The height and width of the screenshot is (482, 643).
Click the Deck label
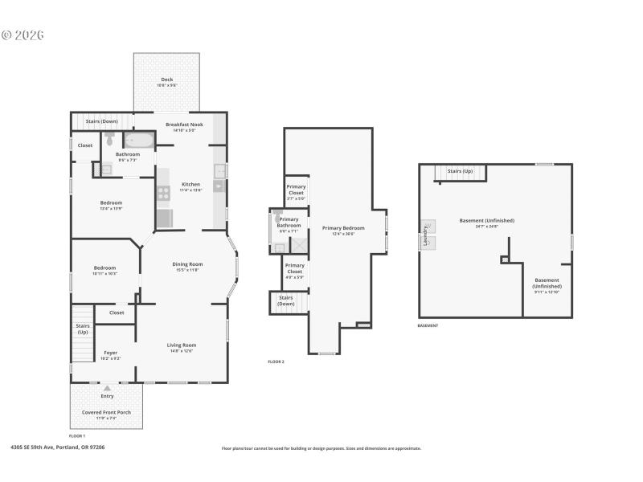(166, 79)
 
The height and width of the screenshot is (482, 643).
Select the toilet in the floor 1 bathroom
(109, 140)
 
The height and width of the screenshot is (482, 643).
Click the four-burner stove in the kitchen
(164, 193)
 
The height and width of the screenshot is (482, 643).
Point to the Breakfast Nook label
(184, 125)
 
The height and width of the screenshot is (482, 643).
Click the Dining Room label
(187, 264)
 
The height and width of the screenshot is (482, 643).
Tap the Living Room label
(182, 345)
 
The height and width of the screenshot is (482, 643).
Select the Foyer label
(111, 353)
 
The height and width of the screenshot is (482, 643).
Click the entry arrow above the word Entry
(107, 388)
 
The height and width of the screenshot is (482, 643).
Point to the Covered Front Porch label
(107, 411)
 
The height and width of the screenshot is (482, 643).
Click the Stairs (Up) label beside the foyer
(83, 329)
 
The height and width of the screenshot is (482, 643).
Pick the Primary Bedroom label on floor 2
(338, 228)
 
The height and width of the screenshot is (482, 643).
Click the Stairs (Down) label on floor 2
(286, 300)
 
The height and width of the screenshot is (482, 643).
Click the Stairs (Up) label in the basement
(460, 171)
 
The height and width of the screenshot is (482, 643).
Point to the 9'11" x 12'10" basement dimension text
(547, 292)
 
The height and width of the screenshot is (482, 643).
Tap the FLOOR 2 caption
(276, 361)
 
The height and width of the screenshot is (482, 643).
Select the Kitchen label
(190, 184)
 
